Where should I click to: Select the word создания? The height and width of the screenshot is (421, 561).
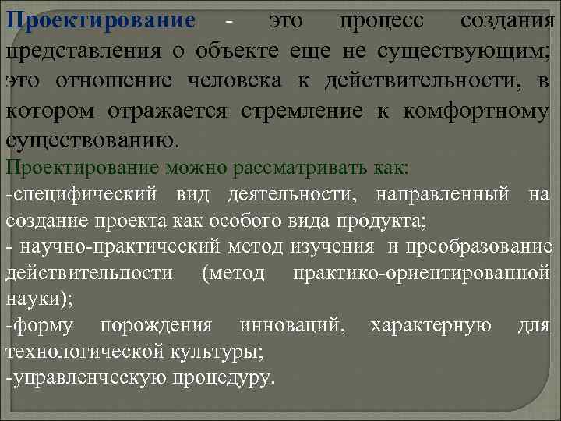[x=506, y=21]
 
